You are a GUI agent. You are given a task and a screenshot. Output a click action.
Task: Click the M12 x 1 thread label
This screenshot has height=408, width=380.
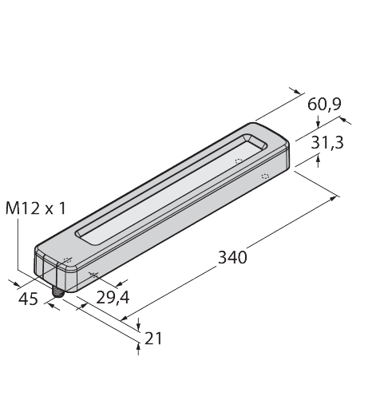click(x=37, y=208)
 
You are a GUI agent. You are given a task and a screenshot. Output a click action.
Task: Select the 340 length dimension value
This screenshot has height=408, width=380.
click(x=232, y=258)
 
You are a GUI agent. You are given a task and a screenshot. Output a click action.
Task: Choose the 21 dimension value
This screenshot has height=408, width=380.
click(x=154, y=338)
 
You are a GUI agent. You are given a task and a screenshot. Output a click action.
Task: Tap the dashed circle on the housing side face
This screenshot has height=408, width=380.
click(x=265, y=175)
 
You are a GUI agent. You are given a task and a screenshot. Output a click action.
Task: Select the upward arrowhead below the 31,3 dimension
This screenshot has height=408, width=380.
click(x=320, y=160)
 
